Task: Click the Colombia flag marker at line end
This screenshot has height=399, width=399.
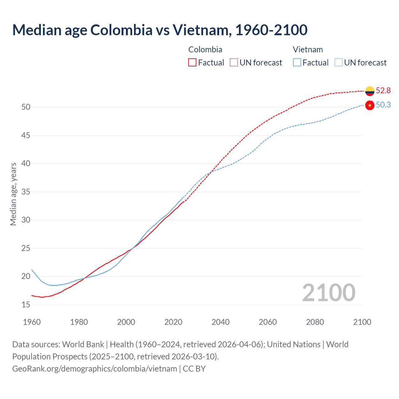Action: pos(370,91)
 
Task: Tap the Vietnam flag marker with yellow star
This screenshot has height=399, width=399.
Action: pos(370,105)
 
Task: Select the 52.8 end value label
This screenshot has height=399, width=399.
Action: pos(383,90)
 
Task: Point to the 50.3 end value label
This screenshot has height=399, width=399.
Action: pos(383,105)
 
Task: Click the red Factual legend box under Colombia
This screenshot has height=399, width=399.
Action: pos(192,62)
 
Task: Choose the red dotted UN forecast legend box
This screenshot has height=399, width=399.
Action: pos(234,62)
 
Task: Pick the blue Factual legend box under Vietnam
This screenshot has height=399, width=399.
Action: pos(297,62)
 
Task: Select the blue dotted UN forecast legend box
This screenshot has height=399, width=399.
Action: pos(338,62)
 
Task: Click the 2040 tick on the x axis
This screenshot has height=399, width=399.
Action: pos(220,322)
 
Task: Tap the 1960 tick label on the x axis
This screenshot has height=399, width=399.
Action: pos(32,322)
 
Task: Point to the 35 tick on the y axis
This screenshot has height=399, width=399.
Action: pos(26,192)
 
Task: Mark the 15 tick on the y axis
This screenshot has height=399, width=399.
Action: pos(26,305)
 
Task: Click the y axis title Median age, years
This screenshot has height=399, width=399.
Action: pos(13,194)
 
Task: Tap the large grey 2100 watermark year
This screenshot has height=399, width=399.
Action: pos(329,292)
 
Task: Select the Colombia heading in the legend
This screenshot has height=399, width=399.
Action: pos(205,50)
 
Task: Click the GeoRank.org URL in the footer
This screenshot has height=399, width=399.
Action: pos(94,369)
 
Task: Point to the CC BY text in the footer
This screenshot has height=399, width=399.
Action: pos(194,369)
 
